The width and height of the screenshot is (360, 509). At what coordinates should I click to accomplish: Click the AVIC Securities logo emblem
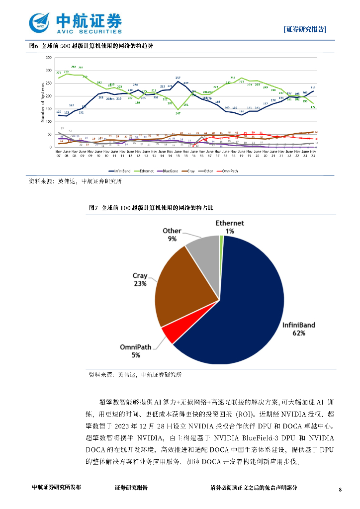click(x=40, y=22)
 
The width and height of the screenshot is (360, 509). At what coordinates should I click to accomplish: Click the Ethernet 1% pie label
click(x=229, y=227)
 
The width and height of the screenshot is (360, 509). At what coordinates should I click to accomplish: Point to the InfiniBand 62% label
click(x=298, y=329)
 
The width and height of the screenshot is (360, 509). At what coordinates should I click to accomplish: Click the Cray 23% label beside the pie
click(x=140, y=279)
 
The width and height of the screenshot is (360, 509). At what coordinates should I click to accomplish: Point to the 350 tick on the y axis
click(x=49, y=58)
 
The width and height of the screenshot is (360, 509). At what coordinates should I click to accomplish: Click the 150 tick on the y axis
click(x=49, y=109)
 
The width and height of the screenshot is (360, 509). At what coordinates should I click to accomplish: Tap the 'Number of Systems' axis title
click(x=43, y=102)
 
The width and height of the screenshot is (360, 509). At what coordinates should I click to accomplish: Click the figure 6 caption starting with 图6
click(x=91, y=46)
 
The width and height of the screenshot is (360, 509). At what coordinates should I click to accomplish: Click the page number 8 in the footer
click(x=340, y=490)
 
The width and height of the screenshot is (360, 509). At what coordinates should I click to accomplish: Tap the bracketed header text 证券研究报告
click(x=305, y=29)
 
